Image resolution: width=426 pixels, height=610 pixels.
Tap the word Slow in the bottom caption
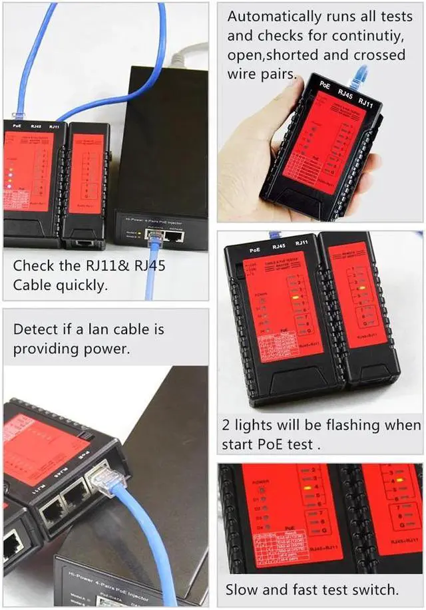pos(244,589)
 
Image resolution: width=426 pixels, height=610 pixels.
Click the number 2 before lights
pos(226,425)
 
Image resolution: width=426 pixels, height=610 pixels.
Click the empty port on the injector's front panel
pos(175,234)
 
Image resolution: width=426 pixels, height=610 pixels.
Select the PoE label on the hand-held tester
pos(325,84)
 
